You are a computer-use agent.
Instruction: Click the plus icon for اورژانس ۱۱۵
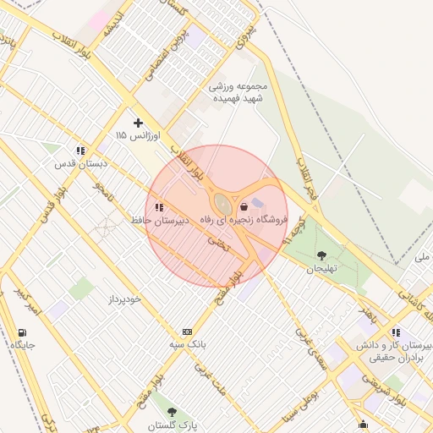(139, 123)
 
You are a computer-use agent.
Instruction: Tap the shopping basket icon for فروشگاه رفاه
(244, 206)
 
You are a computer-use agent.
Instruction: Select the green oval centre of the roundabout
(222, 204)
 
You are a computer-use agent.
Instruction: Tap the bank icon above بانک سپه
(187, 332)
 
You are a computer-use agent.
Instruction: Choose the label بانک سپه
(187, 345)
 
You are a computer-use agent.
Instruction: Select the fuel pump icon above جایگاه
(22, 332)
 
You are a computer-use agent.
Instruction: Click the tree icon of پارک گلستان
(173, 412)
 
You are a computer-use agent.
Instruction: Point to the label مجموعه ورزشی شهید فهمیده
(242, 92)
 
